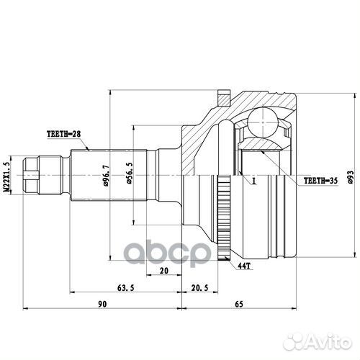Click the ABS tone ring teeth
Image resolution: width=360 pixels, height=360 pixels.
point(223,216)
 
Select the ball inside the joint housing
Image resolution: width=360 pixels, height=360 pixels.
point(263,120)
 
